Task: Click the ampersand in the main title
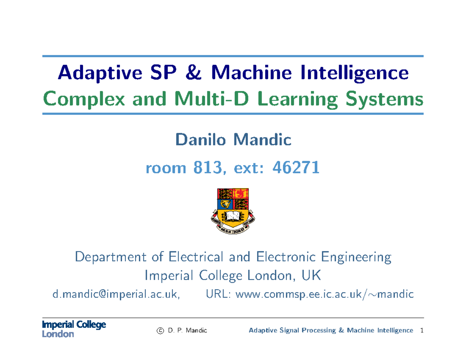click(193, 72)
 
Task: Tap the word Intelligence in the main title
click(355, 73)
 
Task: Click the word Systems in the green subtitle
click(384, 99)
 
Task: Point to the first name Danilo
click(200, 139)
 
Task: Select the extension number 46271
click(296, 167)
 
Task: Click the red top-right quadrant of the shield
click(240, 194)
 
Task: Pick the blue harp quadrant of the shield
click(225, 204)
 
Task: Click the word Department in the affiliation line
click(110, 257)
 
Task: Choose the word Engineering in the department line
click(356, 257)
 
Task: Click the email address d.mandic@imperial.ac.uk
click(116, 294)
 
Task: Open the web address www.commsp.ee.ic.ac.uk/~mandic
click(325, 294)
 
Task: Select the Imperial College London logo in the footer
click(74, 329)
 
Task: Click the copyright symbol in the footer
click(160, 331)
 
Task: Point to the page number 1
click(422, 330)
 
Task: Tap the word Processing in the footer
click(319, 330)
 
